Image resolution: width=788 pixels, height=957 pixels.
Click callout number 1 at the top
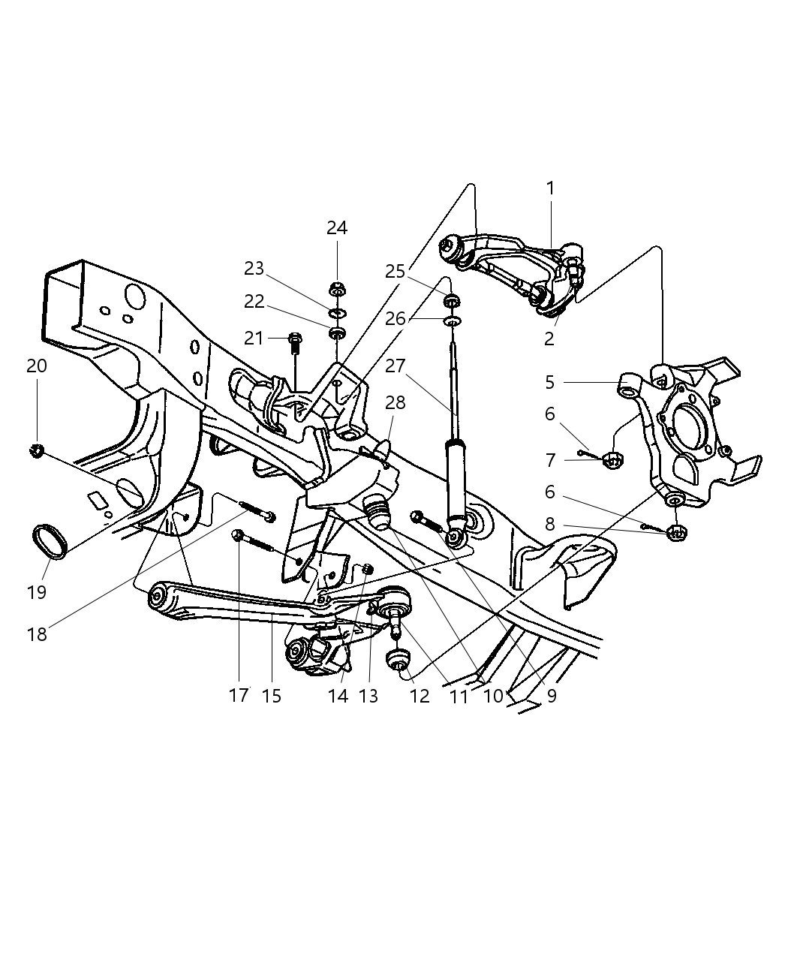[550, 188]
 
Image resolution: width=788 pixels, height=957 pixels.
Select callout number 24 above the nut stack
[337, 227]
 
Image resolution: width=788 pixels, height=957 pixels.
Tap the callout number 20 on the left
[36, 366]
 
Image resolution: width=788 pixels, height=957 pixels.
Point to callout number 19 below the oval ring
[36, 592]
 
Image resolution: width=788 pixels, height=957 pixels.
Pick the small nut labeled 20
[35, 450]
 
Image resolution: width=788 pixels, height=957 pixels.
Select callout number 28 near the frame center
[396, 402]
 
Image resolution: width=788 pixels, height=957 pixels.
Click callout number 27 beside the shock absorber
[396, 366]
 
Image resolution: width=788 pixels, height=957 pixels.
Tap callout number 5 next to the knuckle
[549, 382]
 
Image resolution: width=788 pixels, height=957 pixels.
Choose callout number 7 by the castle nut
[549, 459]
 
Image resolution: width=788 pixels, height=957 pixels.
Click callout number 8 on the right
[549, 524]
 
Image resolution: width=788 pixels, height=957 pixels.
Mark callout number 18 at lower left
[36, 634]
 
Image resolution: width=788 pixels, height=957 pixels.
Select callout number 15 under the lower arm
[272, 696]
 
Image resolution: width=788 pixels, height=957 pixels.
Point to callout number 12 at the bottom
[420, 696]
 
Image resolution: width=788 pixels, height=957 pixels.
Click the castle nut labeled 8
[676, 534]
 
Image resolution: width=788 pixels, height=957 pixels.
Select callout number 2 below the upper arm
[549, 339]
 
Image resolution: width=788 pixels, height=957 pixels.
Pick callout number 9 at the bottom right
[552, 696]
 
